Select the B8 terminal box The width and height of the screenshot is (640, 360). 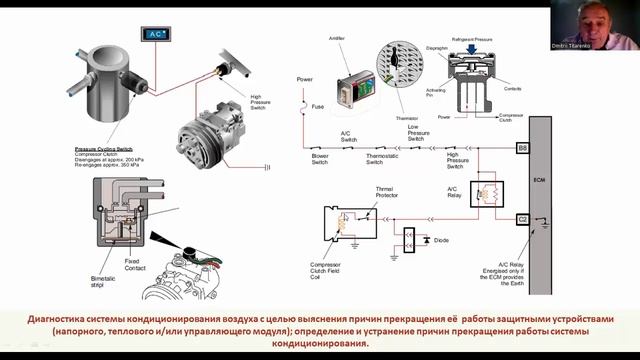[522, 148]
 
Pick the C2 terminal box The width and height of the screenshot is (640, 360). [522, 218]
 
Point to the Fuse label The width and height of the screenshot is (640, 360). [318, 106]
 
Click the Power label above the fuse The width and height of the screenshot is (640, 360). [305, 78]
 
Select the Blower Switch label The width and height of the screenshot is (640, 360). [320, 160]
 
